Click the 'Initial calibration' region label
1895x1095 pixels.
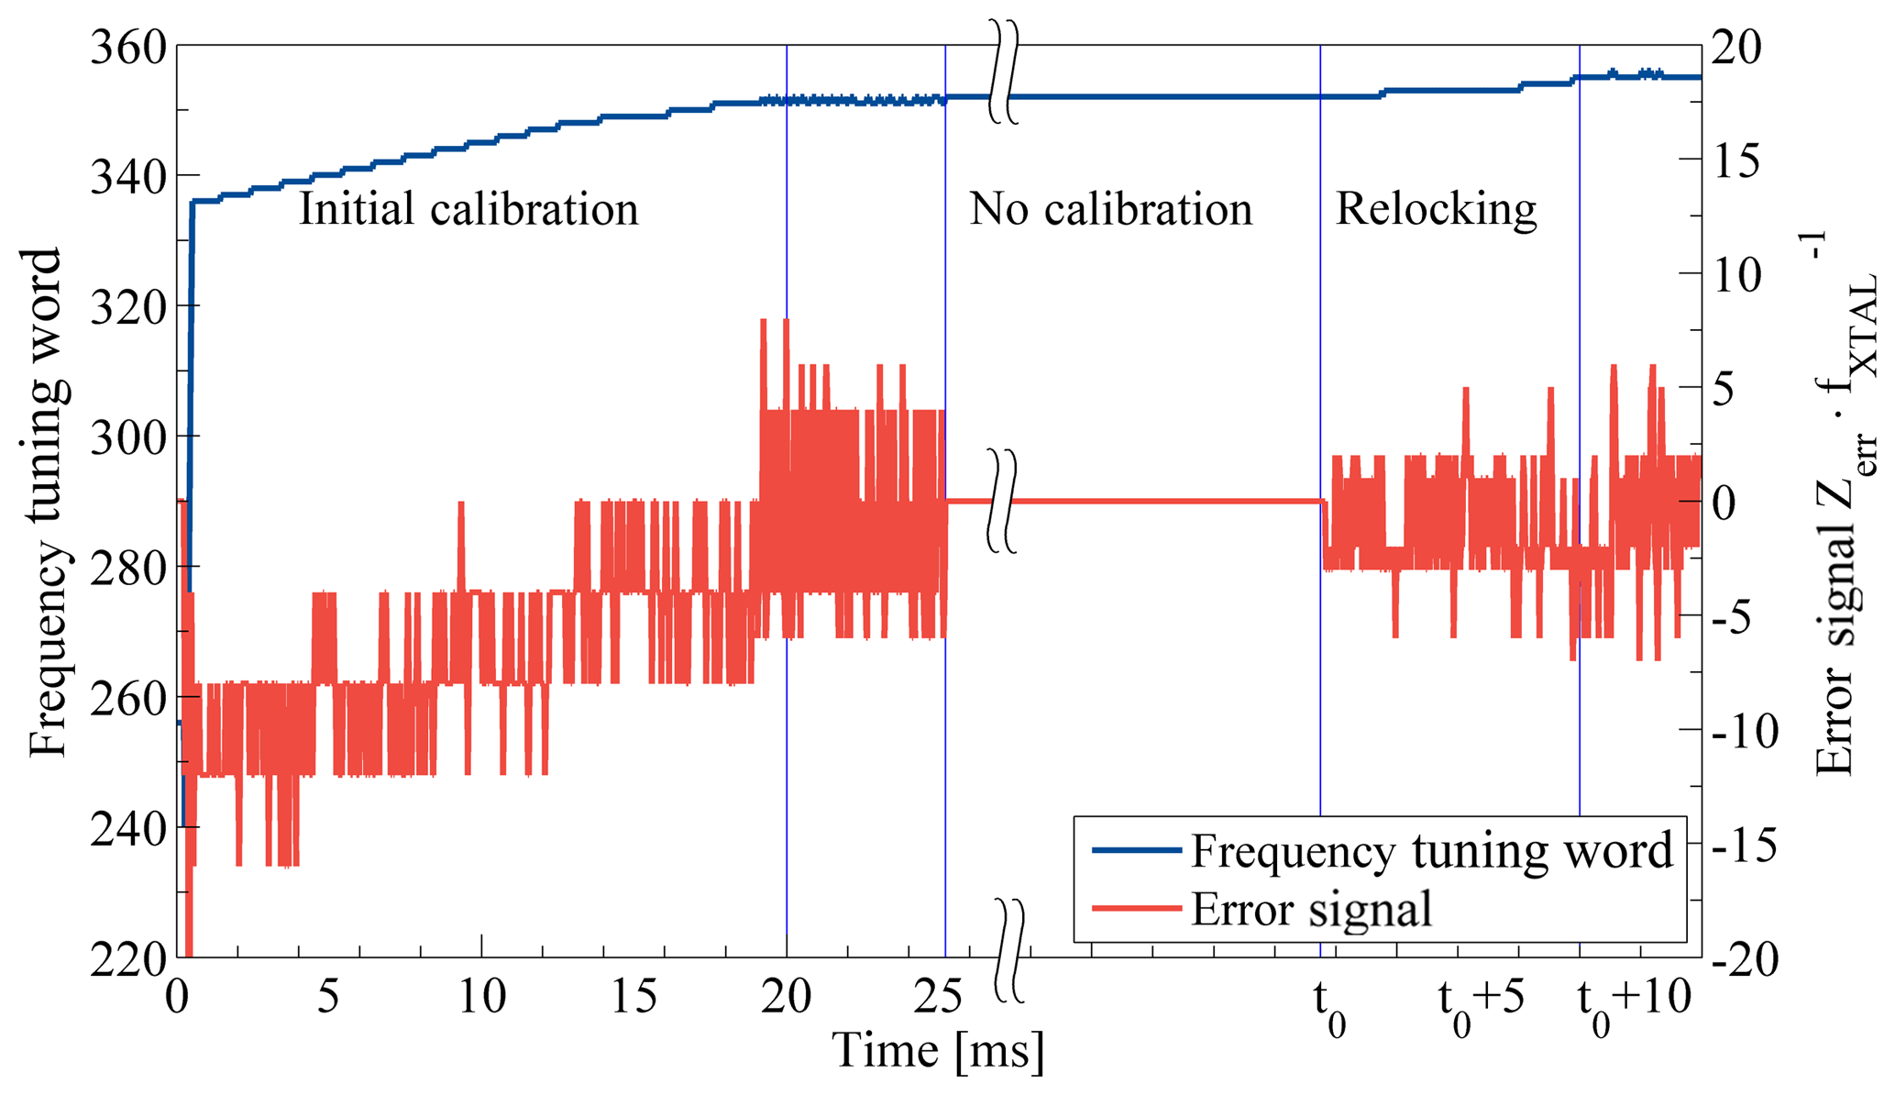pyautogui.click(x=468, y=209)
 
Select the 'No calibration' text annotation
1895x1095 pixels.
pyautogui.click(x=1110, y=209)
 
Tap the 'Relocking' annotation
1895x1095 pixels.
pyautogui.click(x=1436, y=209)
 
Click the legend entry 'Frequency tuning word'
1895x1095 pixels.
pyautogui.click(x=1431, y=850)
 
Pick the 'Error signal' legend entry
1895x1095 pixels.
pyautogui.click(x=1311, y=909)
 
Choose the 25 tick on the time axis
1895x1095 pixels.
pyautogui.click(x=940, y=997)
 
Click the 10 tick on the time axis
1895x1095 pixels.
pyautogui.click(x=482, y=997)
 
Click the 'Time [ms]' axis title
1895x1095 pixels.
pyautogui.click(x=938, y=1052)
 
